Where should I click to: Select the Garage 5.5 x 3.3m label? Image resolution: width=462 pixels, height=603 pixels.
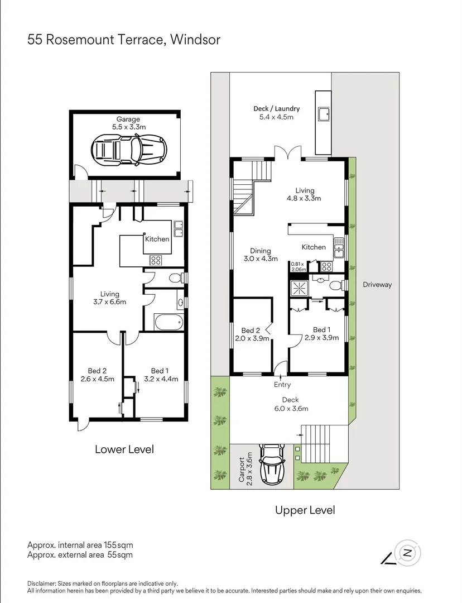click(128, 123)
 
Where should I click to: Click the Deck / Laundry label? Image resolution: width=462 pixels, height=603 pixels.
click(276, 113)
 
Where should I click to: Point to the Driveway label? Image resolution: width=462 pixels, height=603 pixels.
click(377, 285)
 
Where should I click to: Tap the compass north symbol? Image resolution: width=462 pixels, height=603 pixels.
click(407, 553)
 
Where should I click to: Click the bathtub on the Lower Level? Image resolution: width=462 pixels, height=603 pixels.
click(168, 322)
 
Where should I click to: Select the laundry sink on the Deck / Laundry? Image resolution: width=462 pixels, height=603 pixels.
click(323, 114)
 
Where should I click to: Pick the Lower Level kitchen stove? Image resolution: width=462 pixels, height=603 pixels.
click(156, 260)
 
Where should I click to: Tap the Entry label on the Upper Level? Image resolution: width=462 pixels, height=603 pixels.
click(282, 385)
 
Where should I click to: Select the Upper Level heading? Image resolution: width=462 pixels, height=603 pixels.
click(305, 510)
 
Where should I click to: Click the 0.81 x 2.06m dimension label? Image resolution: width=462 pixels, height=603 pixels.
click(299, 266)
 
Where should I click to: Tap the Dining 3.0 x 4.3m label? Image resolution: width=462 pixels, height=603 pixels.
click(261, 255)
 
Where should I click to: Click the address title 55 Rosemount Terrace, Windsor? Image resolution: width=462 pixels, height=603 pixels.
click(124, 40)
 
